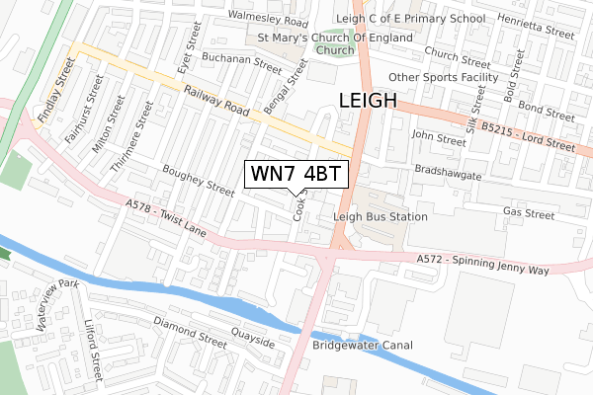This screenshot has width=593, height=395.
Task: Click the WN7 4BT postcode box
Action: [x=296, y=175]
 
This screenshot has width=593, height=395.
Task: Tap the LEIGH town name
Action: [x=368, y=101]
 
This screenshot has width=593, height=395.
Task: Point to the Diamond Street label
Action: [x=191, y=330]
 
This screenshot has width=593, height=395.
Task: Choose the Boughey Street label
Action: [x=198, y=181]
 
